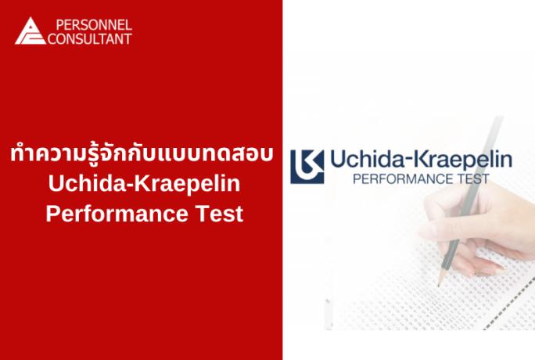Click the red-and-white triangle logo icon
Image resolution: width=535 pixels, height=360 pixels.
coord(30,31)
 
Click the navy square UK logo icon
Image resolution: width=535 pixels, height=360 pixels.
coord(307,164)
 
